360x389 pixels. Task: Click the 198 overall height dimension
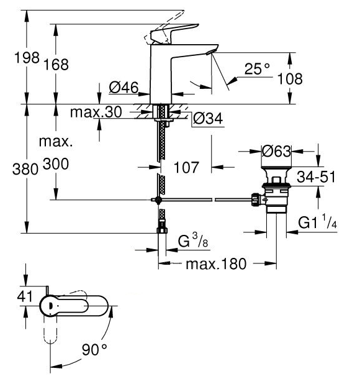click(27, 58)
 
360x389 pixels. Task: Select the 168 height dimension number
click(56, 65)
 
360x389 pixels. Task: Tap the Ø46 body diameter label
click(124, 88)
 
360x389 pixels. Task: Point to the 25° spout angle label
click(257, 69)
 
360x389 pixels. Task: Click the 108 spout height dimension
click(290, 79)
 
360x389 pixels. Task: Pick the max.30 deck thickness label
click(96, 112)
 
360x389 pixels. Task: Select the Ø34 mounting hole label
click(208, 118)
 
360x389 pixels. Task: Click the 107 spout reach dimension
click(186, 167)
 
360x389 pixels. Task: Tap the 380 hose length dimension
click(25, 170)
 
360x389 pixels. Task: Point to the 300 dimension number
click(56, 164)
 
